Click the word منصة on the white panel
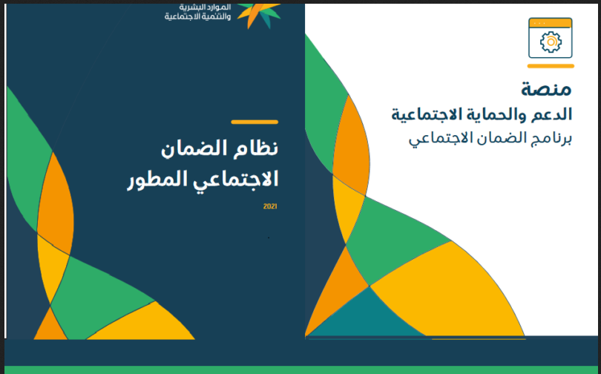coord(546,89)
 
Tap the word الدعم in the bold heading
coord(551,114)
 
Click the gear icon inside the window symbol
coord(551,42)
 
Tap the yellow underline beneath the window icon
coord(551,66)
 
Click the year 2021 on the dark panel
coord(270,206)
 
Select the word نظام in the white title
coord(256,148)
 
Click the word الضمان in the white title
coord(195,148)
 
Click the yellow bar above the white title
coord(254,122)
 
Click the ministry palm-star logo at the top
coord(260,16)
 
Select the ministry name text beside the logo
coord(197,12)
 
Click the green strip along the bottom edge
coord(300,370)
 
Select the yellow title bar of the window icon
coord(551,23)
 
